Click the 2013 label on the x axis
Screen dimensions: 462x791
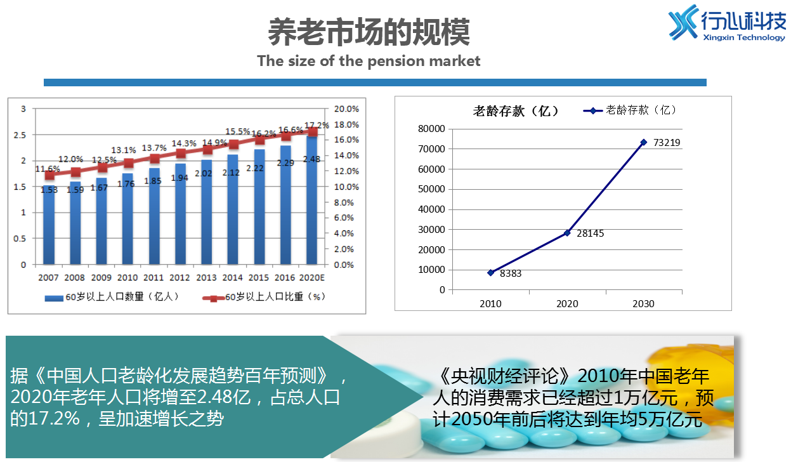coord(206,278)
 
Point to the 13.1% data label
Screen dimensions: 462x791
coord(125,150)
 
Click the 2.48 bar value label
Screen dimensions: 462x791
coord(311,159)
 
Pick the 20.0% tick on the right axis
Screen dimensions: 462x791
coord(347,109)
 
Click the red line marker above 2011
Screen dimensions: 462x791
coord(154,159)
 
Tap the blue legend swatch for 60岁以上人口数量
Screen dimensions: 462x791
coord(54,297)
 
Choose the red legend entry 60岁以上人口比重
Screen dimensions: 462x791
coord(271,296)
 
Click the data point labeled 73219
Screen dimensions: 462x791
coord(643,142)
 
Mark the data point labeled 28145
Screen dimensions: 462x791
coord(567,233)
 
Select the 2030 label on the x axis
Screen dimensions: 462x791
coord(643,303)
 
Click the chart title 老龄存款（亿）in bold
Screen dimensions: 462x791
coord(516,111)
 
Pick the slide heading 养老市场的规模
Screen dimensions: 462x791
coord(369,32)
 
